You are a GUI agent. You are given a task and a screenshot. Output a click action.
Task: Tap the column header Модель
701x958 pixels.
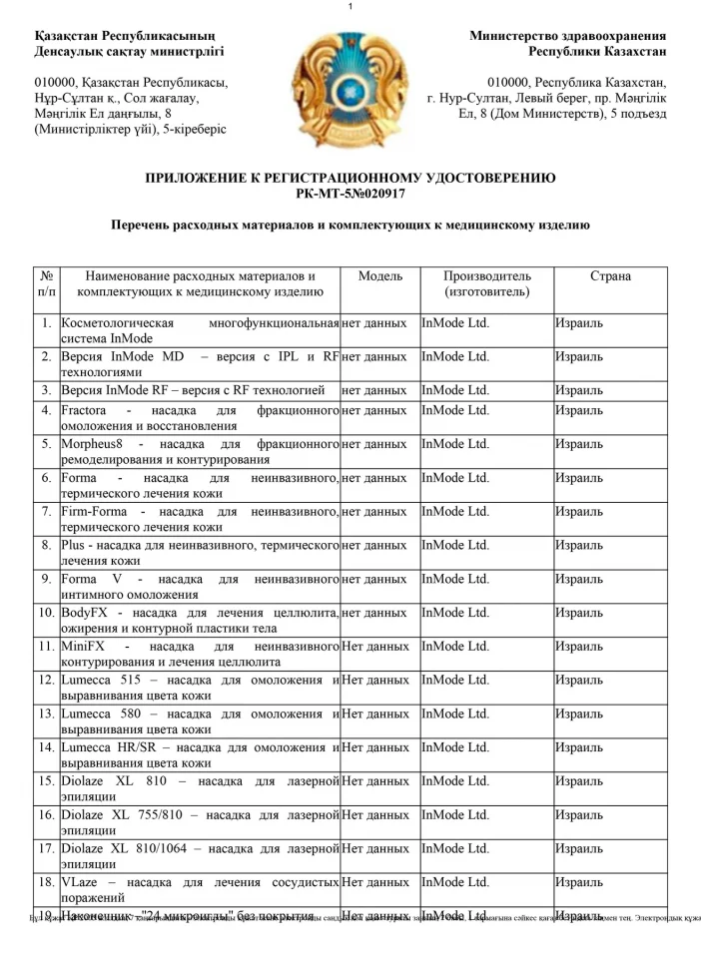[x=379, y=275]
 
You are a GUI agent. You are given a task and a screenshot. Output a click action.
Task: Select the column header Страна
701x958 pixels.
[x=610, y=275]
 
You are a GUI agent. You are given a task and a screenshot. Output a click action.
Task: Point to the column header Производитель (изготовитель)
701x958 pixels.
[x=486, y=283]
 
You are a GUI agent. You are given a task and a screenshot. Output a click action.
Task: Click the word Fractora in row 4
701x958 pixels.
[x=84, y=410]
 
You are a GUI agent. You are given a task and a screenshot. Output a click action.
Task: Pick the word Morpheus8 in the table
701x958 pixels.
[x=93, y=444]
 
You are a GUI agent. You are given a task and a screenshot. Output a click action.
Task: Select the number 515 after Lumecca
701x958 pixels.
[x=133, y=680]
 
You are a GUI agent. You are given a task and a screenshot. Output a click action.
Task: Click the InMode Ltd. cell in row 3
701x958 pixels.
[x=455, y=389]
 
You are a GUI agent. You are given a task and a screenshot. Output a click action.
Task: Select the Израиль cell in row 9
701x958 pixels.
[x=579, y=579]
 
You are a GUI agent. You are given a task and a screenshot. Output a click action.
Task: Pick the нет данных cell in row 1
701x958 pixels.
[x=373, y=323]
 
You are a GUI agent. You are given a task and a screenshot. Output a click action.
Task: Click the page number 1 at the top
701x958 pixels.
[x=350, y=8]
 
